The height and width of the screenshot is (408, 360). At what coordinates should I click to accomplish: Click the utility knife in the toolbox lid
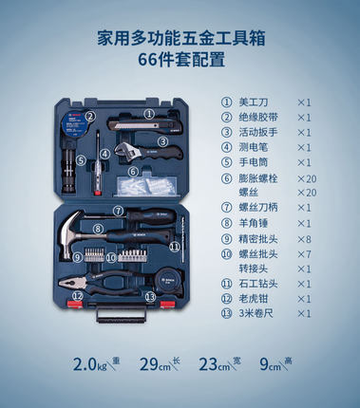[x=138, y=124]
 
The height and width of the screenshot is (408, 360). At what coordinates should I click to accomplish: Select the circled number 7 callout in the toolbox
[x=120, y=212]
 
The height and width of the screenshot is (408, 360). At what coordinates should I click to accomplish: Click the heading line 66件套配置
[x=180, y=62]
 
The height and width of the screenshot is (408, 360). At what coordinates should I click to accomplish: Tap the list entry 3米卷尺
[x=261, y=313]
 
